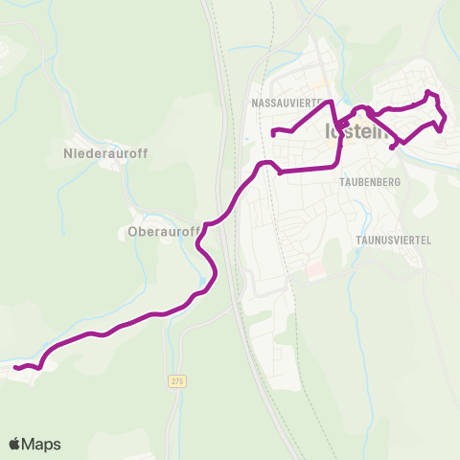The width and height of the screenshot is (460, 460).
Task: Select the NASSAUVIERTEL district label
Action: click(x=290, y=101)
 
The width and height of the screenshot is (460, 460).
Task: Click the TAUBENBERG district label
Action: click(x=369, y=180)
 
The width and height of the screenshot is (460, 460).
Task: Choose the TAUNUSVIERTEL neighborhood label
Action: click(x=390, y=240)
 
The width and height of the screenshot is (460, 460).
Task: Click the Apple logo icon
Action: click(x=15, y=444)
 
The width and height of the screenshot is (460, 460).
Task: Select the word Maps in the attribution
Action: click(x=41, y=444)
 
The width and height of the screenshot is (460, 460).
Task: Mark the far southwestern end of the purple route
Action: click(x=16, y=367)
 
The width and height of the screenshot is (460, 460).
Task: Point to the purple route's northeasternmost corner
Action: click(x=427, y=92)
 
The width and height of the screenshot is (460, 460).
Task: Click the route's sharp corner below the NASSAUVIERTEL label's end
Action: click(x=332, y=102)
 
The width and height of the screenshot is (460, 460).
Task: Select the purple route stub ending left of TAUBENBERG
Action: click(x=280, y=172)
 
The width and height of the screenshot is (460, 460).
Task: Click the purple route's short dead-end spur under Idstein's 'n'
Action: click(x=393, y=148)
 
